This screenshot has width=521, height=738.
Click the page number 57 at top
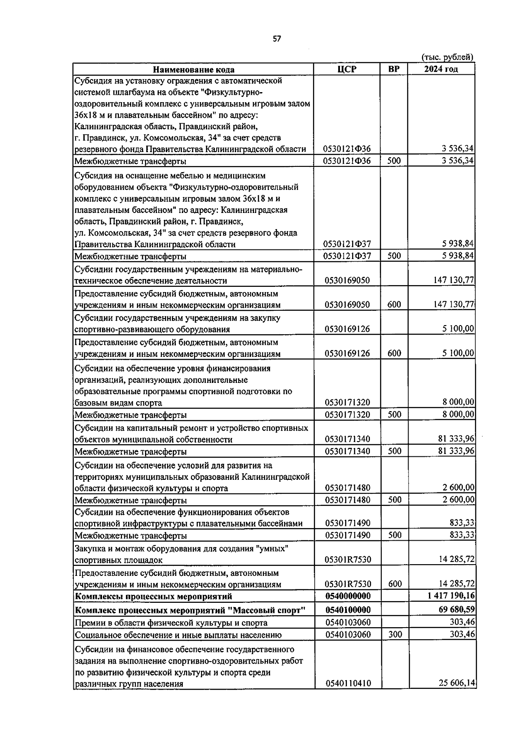point(277,39)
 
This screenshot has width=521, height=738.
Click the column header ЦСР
point(346,69)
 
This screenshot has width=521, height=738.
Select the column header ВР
point(393,69)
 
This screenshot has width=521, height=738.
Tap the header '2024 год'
point(441,69)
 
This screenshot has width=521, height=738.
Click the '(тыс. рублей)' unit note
point(447,57)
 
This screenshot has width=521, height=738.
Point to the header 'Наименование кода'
point(193,70)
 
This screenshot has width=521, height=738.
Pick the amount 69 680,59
point(456,610)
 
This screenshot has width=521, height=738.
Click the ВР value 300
point(395,635)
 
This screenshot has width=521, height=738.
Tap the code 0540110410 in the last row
point(348,684)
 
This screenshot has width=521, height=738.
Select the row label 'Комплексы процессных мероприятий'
point(153,596)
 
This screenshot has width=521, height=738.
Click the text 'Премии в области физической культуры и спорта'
point(171,623)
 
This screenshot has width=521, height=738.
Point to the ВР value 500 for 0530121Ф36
point(394,161)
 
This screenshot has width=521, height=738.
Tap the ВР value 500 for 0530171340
point(395,451)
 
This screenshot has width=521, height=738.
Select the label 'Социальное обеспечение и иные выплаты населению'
point(178,635)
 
